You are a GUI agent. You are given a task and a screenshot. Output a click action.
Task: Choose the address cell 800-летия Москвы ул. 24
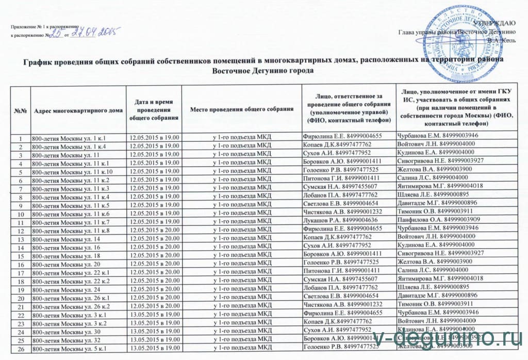64,290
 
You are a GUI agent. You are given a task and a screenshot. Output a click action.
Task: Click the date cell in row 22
154,315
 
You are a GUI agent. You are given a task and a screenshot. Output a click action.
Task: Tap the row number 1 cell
21,137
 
